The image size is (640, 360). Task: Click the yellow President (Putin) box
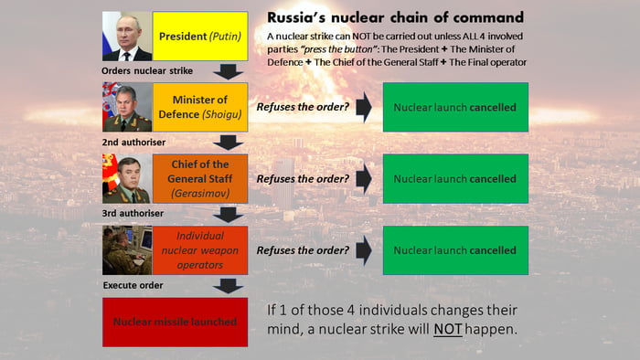coord(200,37)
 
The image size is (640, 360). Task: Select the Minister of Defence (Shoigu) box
coord(200,108)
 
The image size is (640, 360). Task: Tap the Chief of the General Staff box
coord(200,179)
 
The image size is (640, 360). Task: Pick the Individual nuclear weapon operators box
coord(200,250)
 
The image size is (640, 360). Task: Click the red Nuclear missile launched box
coord(175,322)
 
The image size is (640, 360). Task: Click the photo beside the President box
coord(127,37)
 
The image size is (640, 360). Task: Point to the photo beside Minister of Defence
coord(127,108)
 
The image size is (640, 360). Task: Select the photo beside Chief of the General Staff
coord(127,179)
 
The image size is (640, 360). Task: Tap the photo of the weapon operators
coord(127,250)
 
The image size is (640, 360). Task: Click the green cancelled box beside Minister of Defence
coord(454,108)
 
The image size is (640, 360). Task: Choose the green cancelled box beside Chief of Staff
coord(454,179)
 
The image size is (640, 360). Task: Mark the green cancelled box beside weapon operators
coord(454,250)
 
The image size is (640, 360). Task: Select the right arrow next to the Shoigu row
coord(363,108)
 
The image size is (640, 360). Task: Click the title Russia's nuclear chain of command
coord(395,17)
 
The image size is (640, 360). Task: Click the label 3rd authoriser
coord(133,213)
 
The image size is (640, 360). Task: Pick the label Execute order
coord(133,285)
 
